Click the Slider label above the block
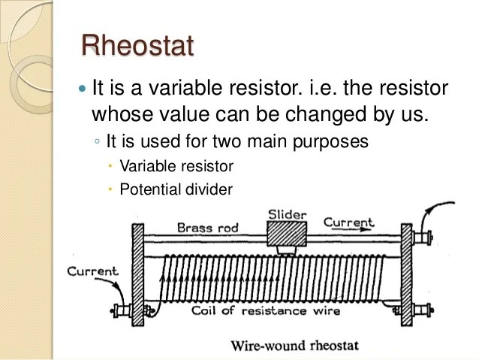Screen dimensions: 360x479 click(x=287, y=216)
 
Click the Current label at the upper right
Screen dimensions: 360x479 click(x=348, y=223)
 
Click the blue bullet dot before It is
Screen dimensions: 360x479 click(x=83, y=89)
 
